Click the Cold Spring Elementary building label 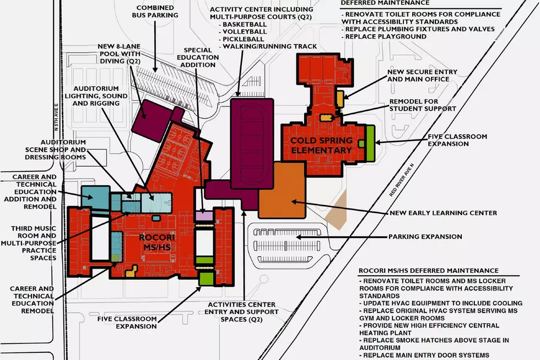pyautogui.click(x=321, y=146)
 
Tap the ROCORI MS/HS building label pyautogui.click(x=157, y=242)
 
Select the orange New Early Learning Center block pyautogui.click(x=282, y=190)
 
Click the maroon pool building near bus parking pyautogui.click(x=152, y=120)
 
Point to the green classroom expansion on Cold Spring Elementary pyautogui.click(x=370, y=143)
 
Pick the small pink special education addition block pyautogui.click(x=204, y=216)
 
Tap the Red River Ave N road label pyautogui.click(x=402, y=180)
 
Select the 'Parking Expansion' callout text pyautogui.click(x=425, y=237)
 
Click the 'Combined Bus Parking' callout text pyautogui.click(x=155, y=12)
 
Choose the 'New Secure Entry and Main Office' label pyautogui.click(x=422, y=76)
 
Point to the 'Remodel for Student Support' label pyautogui.click(x=423, y=105)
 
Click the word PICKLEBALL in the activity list pyautogui.click(x=243, y=39)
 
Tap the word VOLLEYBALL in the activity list pyautogui.click(x=245, y=31)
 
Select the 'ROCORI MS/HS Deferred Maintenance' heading pyautogui.click(x=429, y=271)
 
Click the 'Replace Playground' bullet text pyautogui.click(x=386, y=36)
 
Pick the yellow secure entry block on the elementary pyautogui.click(x=340, y=99)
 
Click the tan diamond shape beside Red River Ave pyautogui.click(x=337, y=210)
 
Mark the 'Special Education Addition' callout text pyautogui.click(x=198, y=57)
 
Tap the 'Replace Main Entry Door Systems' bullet pyautogui.click(x=426, y=355)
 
